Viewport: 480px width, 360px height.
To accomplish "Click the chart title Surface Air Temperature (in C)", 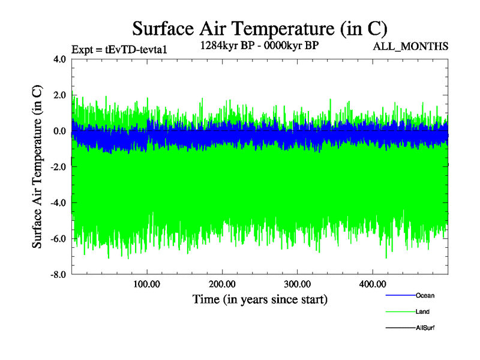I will click(259, 28).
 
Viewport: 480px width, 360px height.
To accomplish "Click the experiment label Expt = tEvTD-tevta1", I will click(118, 49).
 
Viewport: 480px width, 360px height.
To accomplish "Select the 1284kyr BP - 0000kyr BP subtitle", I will click(259, 46).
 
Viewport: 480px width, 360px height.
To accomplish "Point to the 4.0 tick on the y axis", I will click(59, 59).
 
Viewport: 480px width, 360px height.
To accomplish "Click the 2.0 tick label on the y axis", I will click(59, 95).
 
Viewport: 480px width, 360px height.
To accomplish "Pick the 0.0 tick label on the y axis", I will click(59, 131).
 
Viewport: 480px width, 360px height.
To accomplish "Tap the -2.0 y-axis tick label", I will click(58, 167).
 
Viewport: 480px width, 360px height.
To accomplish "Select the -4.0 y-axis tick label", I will click(58, 203).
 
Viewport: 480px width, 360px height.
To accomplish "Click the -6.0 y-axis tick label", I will click(58, 239).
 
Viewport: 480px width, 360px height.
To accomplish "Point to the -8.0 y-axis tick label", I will click(58, 275).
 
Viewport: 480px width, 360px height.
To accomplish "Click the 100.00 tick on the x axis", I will click(147, 284).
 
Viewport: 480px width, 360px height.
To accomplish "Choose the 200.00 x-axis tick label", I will click(222, 284).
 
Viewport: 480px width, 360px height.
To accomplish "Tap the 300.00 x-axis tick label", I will click(297, 284).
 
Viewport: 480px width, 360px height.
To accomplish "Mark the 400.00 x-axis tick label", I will click(372, 284).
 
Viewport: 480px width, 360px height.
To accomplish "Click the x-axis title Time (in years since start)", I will click(260, 299).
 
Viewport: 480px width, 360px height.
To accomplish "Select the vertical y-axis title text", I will click(37, 167).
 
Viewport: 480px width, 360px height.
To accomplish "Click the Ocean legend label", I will click(425, 296).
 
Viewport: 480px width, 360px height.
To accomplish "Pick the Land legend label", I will click(422, 312).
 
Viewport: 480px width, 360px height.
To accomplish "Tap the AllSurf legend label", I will click(425, 328).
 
